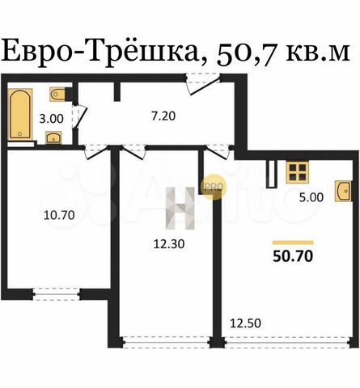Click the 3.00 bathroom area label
[x=51, y=119]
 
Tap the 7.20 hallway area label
[x=163, y=116]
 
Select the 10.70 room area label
[x=59, y=215]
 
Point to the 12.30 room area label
[x=169, y=244]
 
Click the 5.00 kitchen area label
[x=311, y=197]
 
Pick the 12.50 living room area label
[x=245, y=323]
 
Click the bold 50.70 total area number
[x=293, y=256]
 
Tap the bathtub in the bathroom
[x=20, y=114]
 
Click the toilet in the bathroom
[x=58, y=94]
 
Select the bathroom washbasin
[x=54, y=137]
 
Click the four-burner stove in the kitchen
[x=298, y=172]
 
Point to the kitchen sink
[x=343, y=191]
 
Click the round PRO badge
[x=214, y=186]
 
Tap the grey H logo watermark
[x=180, y=208]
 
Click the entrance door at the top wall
[x=204, y=83]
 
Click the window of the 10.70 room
[x=57, y=294]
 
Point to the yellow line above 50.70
[x=293, y=242]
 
